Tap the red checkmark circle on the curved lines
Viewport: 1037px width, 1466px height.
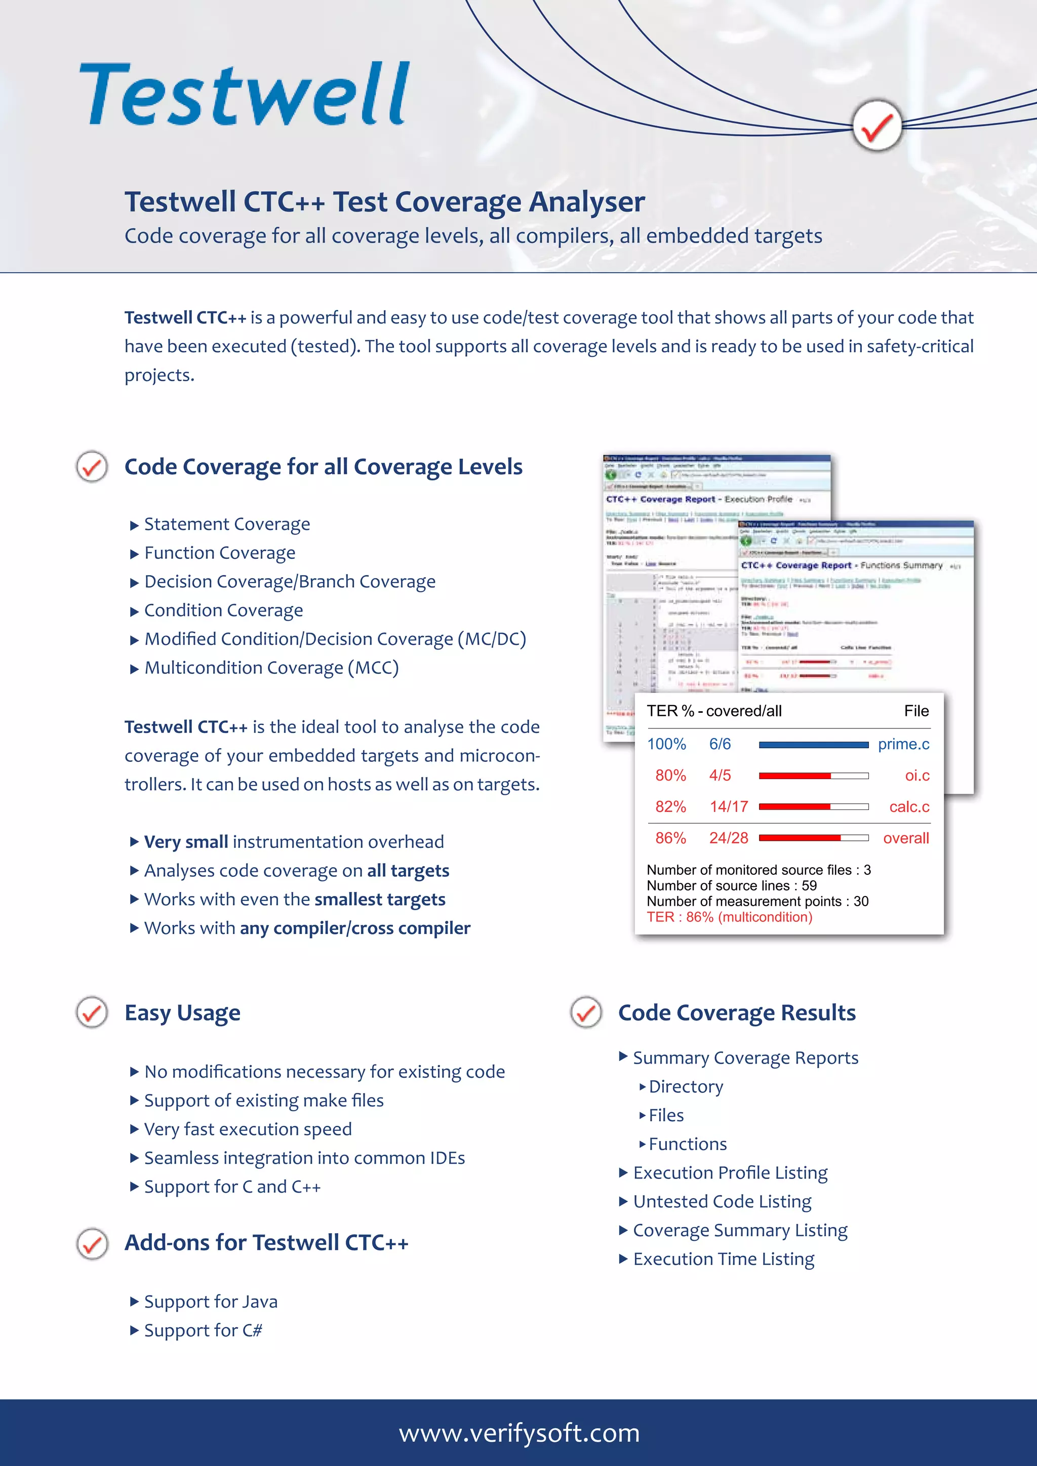(876, 126)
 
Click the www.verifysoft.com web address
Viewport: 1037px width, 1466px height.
(518, 1432)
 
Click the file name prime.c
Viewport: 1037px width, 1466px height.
(903, 744)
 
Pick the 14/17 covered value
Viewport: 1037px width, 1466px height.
(728, 806)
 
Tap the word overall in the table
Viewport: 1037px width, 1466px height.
(905, 838)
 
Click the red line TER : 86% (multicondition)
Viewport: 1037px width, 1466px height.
(729, 917)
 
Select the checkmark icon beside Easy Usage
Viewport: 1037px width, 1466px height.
(92, 1012)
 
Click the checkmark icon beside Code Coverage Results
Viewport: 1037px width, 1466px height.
(585, 1012)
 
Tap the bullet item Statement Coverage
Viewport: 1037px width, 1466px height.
(227, 524)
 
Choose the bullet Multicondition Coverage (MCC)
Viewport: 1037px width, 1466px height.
(271, 668)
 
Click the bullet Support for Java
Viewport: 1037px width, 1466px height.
(211, 1301)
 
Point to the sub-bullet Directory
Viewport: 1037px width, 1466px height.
(685, 1087)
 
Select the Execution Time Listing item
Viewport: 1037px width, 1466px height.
(724, 1259)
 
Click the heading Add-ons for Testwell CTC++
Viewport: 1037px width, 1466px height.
(266, 1243)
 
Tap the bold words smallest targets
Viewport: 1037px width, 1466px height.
(380, 900)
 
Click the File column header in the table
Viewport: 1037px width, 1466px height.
(915, 711)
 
